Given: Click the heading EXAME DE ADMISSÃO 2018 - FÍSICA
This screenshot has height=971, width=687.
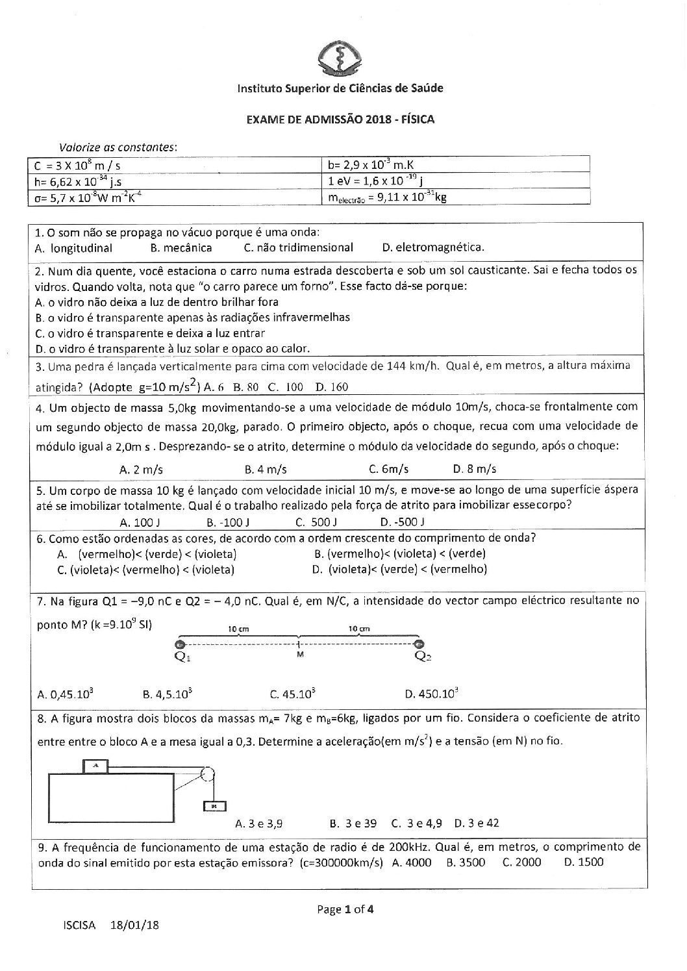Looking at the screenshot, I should click(340, 120).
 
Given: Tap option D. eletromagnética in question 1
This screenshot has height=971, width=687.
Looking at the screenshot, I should click(433, 247).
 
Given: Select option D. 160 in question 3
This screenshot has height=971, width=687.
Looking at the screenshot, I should click(332, 387).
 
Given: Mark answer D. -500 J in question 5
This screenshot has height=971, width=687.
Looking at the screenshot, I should click(403, 522).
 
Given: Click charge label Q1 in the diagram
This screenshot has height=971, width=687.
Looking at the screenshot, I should click(184, 656).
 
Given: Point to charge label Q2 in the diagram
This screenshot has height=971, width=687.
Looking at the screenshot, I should click(423, 656).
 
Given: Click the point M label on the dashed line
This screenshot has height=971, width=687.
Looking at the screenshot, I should click(300, 655).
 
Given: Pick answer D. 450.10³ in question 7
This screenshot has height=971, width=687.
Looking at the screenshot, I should click(432, 694).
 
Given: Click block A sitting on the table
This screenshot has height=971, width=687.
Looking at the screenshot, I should click(96, 766).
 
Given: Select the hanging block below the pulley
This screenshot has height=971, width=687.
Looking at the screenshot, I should click(214, 806).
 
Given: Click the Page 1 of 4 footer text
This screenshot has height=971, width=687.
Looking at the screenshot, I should click(345, 909).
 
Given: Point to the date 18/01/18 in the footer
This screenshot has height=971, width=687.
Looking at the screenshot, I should click(135, 926).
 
